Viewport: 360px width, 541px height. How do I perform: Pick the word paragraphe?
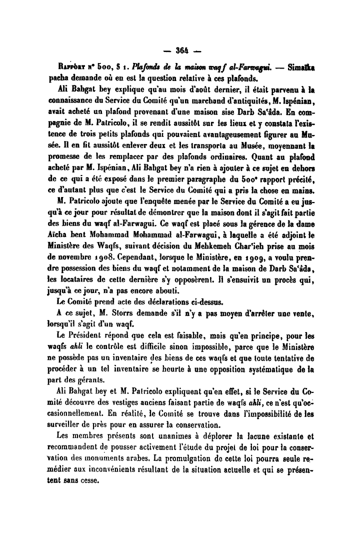213,172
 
